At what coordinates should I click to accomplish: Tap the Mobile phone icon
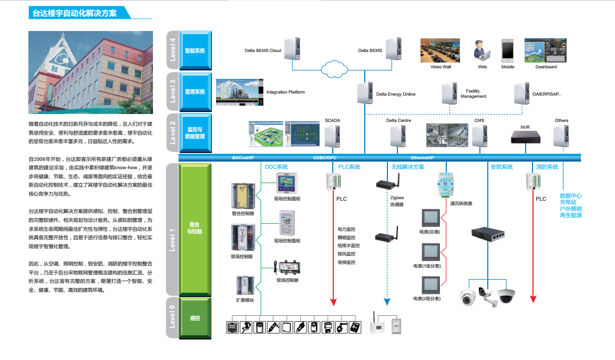[x=507, y=50]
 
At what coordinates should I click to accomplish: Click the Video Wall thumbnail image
[x=440, y=50]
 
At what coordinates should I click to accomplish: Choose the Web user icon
[x=482, y=50]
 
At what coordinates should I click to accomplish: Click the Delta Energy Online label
[x=396, y=95]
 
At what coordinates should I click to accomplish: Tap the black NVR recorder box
[x=526, y=137]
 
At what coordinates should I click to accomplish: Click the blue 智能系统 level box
[x=194, y=50]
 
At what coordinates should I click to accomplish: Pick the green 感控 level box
[x=194, y=317]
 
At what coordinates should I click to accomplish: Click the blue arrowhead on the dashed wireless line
[x=387, y=302]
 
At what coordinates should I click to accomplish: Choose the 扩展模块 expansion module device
[x=244, y=286]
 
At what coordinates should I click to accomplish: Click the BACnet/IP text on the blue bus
[x=243, y=158]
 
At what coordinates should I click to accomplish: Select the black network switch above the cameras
[x=487, y=235]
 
